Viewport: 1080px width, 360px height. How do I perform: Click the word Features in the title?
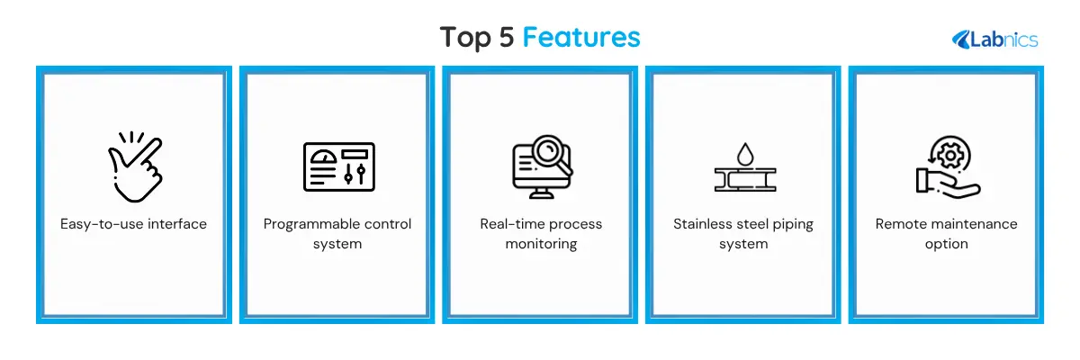click(x=581, y=37)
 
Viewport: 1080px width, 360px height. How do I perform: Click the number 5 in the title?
click(x=506, y=37)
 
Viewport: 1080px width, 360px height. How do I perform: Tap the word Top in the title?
click(x=465, y=38)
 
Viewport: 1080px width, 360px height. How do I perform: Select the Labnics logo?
click(x=994, y=40)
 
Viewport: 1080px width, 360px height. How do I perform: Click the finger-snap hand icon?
click(x=136, y=166)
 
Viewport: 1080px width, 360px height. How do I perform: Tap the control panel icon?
click(x=339, y=166)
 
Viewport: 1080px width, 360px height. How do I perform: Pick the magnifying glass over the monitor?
click(x=552, y=154)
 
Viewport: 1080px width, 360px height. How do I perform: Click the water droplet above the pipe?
click(x=745, y=154)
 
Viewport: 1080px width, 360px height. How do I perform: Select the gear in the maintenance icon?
click(x=949, y=156)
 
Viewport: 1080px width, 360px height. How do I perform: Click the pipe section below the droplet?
click(x=745, y=180)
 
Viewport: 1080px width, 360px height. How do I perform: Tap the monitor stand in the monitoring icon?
click(x=542, y=193)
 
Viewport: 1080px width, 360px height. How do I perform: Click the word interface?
click(x=177, y=224)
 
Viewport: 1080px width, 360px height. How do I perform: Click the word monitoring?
click(x=541, y=244)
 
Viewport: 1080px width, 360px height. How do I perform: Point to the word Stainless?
click(x=703, y=224)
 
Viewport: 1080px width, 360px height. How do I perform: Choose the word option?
click(x=947, y=244)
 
